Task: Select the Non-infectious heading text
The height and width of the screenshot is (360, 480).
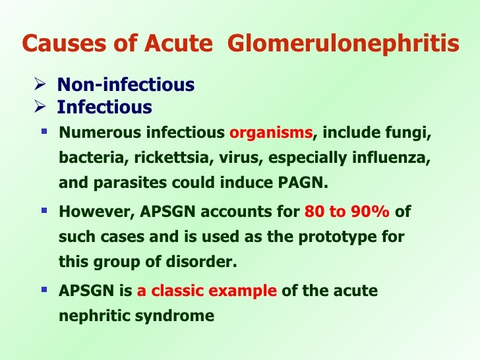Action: point(125,85)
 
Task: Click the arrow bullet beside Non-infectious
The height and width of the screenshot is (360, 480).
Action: point(40,85)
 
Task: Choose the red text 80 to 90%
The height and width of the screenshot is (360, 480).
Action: point(347,213)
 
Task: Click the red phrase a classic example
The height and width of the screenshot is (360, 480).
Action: point(207,291)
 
